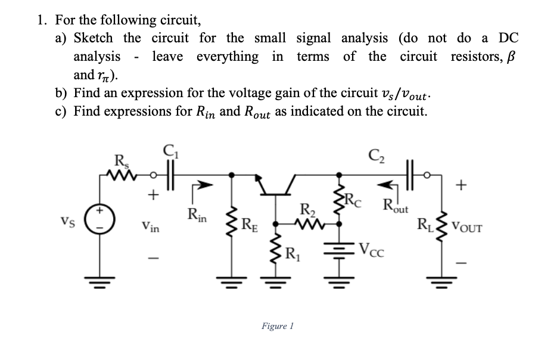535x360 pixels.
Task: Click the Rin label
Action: [x=197, y=214]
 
